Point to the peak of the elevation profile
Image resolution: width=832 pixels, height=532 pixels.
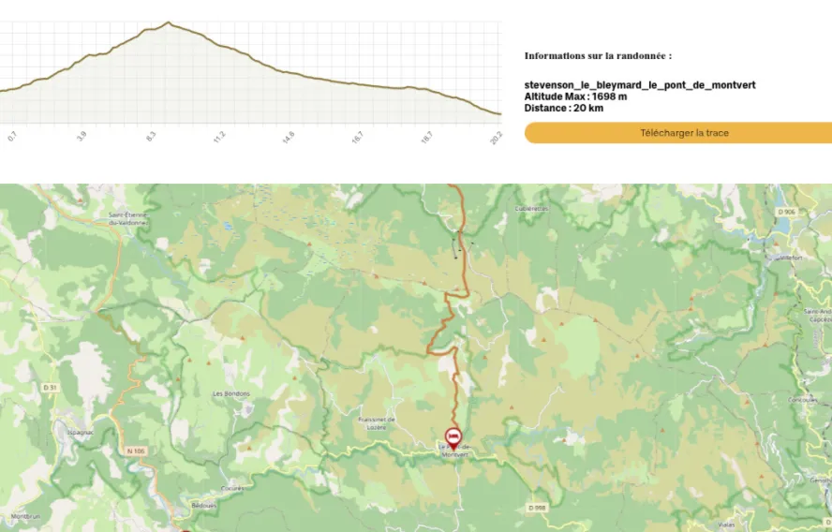point(168,22)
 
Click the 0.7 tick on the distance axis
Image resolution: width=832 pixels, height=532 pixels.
point(12,137)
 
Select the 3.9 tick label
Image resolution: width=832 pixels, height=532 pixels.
point(82,137)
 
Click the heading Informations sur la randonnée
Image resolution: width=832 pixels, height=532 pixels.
point(598,56)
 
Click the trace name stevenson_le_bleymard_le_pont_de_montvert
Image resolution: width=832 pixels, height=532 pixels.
point(640,85)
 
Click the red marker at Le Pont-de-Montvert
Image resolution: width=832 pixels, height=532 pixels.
point(453,436)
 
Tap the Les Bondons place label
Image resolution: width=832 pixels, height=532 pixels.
point(231,393)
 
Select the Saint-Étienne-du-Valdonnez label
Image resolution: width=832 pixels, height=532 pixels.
point(127,219)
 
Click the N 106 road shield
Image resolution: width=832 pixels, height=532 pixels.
point(136,451)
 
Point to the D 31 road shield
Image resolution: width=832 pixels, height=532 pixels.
point(51,387)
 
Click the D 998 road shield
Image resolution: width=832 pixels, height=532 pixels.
point(536,508)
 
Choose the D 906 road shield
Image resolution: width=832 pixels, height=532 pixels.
point(786,212)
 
